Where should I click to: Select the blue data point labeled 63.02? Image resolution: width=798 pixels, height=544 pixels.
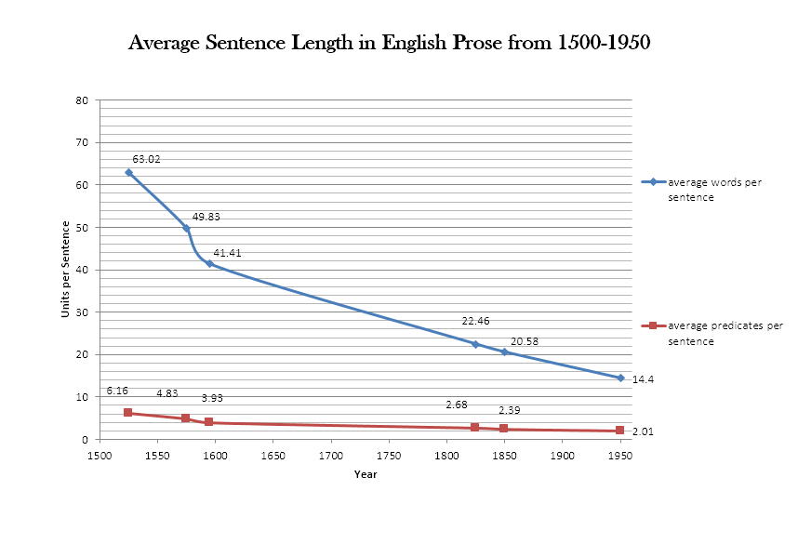[x=128, y=172]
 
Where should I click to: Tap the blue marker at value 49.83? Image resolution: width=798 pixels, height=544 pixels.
[x=186, y=228]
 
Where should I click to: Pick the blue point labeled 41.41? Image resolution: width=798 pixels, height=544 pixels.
[x=209, y=264]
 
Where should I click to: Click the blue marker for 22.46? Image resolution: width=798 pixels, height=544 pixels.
[x=475, y=344]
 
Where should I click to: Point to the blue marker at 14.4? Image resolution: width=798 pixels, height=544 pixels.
[x=620, y=378]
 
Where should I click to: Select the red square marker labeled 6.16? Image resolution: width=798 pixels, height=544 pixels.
[x=127, y=413]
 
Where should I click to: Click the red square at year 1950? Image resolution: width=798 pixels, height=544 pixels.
[x=620, y=431]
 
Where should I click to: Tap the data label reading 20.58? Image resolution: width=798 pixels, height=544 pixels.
[x=525, y=341]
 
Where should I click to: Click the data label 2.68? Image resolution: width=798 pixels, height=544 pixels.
[x=456, y=405]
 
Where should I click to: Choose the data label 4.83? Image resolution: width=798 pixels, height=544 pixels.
[x=167, y=393]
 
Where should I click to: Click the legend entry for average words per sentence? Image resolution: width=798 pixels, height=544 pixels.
[x=714, y=188]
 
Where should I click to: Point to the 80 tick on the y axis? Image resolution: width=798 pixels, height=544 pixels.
[x=82, y=100]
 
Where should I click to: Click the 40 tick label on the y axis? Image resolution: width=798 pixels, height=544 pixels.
[x=82, y=270]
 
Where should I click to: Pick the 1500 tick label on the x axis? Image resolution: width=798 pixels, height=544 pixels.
[x=99, y=456]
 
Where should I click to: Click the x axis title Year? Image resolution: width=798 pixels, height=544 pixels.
[x=366, y=474]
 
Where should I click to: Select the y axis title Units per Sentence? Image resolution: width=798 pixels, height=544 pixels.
[x=66, y=270]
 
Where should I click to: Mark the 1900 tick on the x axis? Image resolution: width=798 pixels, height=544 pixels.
[x=562, y=456]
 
